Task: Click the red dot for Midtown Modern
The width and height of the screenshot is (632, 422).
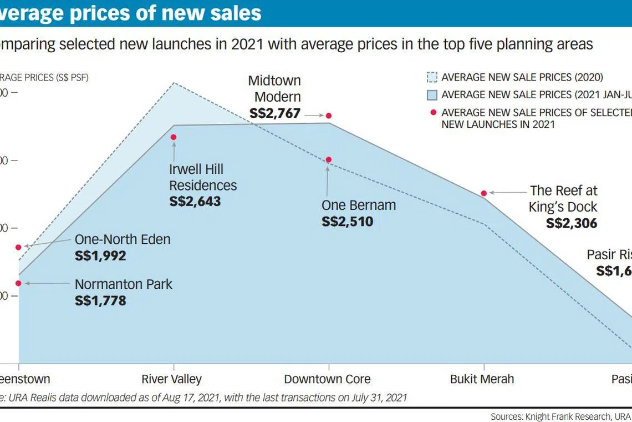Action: pyautogui.click(x=329, y=115)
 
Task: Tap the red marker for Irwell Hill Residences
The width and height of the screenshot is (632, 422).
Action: pyautogui.click(x=174, y=137)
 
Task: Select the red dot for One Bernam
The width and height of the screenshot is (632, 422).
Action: pyautogui.click(x=329, y=160)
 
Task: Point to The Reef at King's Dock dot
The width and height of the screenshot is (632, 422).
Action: pyautogui.click(x=484, y=193)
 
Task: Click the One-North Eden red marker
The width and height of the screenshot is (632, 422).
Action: pyautogui.click(x=18, y=247)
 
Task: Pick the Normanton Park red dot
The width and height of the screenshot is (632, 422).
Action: pyautogui.click(x=18, y=283)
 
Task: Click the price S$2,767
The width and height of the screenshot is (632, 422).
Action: pyautogui.click(x=275, y=113)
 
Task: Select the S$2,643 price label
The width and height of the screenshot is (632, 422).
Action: pyautogui.click(x=195, y=201)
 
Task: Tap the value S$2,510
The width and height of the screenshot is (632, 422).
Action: pyautogui.click(x=348, y=222)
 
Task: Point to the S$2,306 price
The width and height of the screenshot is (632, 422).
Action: pyautogui.click(x=572, y=223)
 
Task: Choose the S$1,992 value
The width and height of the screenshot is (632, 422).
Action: pyautogui.click(x=100, y=256)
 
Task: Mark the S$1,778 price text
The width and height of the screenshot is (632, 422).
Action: pyautogui.click(x=100, y=301)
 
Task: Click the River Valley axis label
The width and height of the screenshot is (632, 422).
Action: pyautogui.click(x=172, y=380)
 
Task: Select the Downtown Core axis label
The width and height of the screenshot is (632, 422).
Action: pyautogui.click(x=327, y=380)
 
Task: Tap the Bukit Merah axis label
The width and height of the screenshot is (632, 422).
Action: pyautogui.click(x=482, y=380)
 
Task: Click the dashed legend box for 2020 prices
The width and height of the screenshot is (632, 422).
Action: pyautogui.click(x=432, y=78)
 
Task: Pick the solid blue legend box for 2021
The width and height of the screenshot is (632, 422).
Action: pyautogui.click(x=432, y=95)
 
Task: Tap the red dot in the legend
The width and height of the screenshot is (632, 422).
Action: pyautogui.click(x=432, y=112)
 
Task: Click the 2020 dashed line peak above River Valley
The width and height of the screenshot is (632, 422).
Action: pyautogui.click(x=174, y=83)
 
